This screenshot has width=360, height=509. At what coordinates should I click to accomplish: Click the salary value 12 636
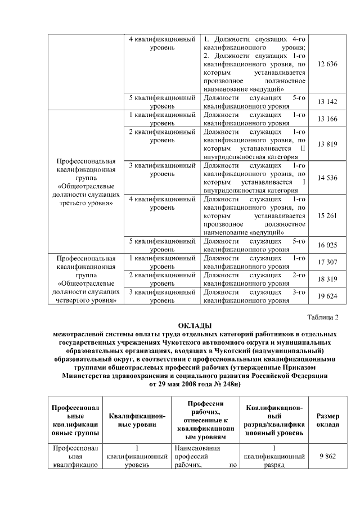pyautogui.click(x=327, y=64)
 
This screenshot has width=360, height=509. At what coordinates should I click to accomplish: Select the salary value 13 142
pyautogui.click(x=327, y=101)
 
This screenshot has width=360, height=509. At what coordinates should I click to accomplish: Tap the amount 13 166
pyautogui.click(x=327, y=119)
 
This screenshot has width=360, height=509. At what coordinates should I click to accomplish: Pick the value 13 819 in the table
pyautogui.click(x=327, y=145)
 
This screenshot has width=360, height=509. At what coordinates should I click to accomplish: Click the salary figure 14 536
pyautogui.click(x=327, y=178)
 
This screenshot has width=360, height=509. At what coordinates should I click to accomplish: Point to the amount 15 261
pyautogui.click(x=327, y=215)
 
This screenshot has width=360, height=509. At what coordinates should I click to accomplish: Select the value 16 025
pyautogui.click(x=327, y=245)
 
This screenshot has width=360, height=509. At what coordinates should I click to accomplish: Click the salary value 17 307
pyautogui.click(x=327, y=262)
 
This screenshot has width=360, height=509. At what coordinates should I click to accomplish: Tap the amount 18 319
pyautogui.click(x=327, y=279)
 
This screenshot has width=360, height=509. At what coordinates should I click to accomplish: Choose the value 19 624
pyautogui.click(x=327, y=296)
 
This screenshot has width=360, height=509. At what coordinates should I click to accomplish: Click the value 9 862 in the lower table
pyautogui.click(x=327, y=457)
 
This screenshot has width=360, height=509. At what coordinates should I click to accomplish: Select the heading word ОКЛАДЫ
pyautogui.click(x=195, y=326)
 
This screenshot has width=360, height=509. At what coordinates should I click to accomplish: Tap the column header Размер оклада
pyautogui.click(x=327, y=420)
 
